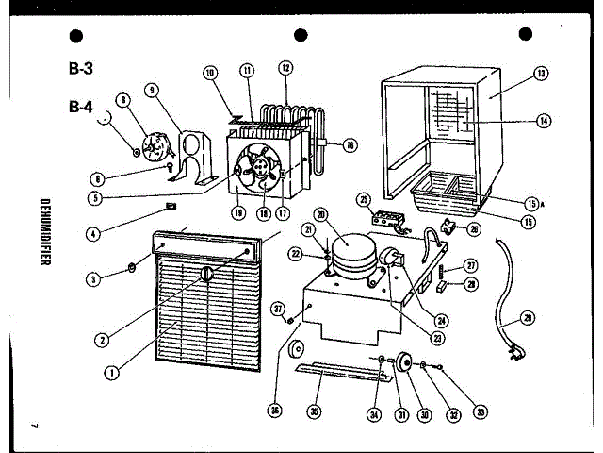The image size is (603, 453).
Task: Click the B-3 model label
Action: click(x=80, y=68)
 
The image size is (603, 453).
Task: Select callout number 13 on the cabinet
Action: click(x=541, y=74)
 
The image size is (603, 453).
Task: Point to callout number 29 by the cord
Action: click(x=527, y=318)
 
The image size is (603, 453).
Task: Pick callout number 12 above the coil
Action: click(x=285, y=68)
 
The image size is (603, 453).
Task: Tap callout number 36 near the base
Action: click(x=275, y=410)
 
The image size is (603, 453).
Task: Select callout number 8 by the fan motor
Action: click(x=122, y=101)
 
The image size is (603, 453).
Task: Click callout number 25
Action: click(x=364, y=199)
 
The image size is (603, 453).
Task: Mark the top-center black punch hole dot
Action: click(x=301, y=36)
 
